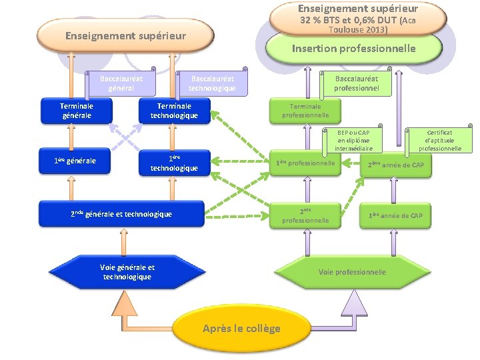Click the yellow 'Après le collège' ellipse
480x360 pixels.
coord(241,328)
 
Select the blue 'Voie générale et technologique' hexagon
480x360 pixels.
coord(127,272)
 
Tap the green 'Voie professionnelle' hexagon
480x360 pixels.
coord(352,272)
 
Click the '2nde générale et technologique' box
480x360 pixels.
coord(121,214)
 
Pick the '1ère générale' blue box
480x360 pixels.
coord(75,161)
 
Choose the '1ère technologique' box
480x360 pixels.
coord(174,163)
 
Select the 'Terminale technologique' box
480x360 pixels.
coord(173,111)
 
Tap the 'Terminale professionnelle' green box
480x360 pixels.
coord(305,111)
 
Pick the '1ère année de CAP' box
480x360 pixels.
coord(395,215)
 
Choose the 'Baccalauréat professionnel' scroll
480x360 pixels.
coord(356,83)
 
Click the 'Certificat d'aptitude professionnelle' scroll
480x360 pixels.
coord(439,141)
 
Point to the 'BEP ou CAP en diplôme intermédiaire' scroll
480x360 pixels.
coord(353,141)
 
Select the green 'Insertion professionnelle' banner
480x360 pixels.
coord(353,48)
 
